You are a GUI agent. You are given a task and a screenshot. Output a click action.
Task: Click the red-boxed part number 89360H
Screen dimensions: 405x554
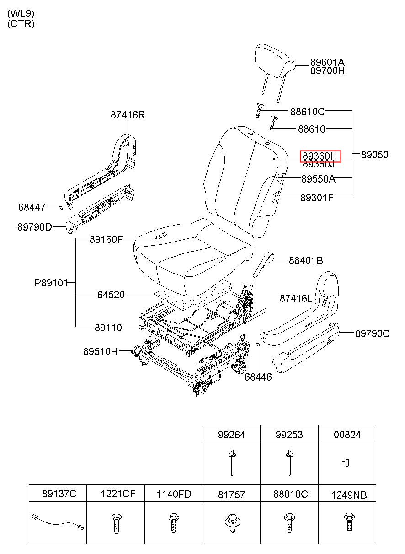320,156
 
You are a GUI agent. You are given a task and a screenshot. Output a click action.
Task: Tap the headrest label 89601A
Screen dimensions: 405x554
327,62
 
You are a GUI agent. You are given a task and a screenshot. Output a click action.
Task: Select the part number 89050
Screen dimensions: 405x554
375,155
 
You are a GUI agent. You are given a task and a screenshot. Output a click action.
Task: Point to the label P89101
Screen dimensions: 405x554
51,283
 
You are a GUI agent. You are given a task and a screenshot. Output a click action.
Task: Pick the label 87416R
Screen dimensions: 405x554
128,115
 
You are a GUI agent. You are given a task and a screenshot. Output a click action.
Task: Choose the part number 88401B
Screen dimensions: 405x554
306,260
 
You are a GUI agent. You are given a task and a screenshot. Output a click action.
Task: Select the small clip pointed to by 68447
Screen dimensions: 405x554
61,207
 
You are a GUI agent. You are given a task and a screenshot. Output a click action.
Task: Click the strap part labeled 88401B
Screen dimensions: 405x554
263,264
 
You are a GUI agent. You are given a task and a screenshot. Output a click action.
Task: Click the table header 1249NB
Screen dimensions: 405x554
349,495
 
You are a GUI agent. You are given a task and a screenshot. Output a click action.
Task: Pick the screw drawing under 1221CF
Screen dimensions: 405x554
116,523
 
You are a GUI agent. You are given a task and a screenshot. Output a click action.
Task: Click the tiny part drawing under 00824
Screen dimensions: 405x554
346,463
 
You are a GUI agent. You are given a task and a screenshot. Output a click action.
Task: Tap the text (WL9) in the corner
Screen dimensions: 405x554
21,13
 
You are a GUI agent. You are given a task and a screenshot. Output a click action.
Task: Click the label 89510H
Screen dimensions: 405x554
100,351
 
